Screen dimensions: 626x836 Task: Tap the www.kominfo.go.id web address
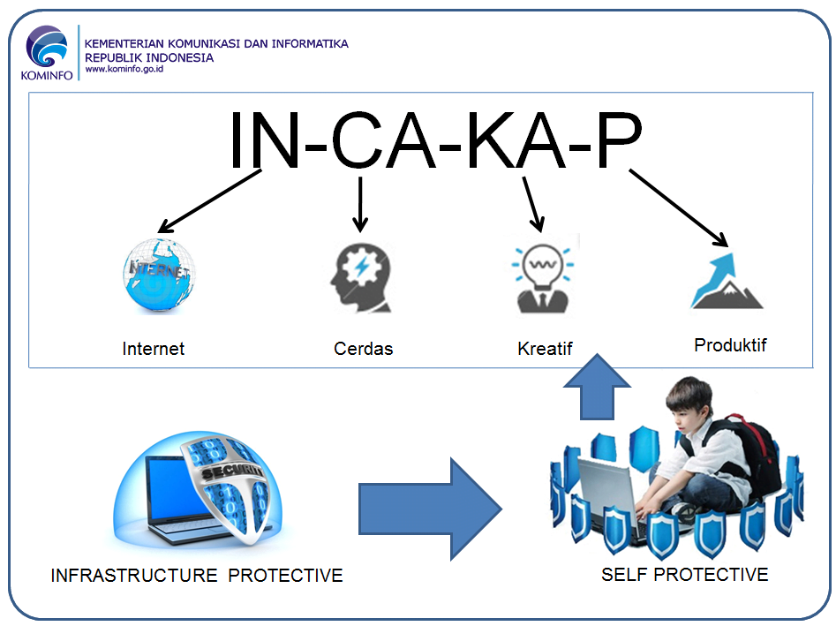click(x=124, y=69)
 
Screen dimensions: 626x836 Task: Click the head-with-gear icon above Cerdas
click(x=359, y=276)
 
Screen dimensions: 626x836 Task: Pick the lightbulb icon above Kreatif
click(x=541, y=277)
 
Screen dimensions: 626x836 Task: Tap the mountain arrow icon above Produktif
click(x=725, y=280)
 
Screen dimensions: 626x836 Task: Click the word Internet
click(x=154, y=349)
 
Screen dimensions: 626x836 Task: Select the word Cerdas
click(x=363, y=349)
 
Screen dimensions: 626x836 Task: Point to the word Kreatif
click(x=545, y=349)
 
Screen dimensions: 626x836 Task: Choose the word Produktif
click(x=730, y=345)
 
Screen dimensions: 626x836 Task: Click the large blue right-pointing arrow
click(x=430, y=509)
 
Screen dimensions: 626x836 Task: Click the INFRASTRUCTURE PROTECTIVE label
click(x=197, y=576)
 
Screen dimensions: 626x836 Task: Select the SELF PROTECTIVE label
click(x=684, y=575)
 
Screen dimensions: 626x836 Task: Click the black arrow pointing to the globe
click(x=210, y=201)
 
